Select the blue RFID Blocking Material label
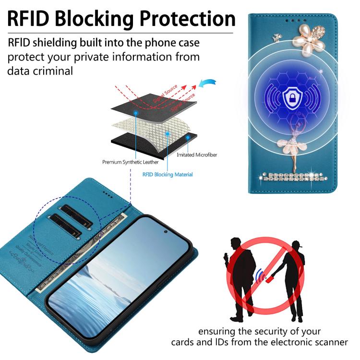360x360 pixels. tap(168, 174)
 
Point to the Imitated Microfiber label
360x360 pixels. tap(196, 155)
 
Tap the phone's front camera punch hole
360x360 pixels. tap(165, 231)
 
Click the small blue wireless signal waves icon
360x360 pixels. tap(258, 276)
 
